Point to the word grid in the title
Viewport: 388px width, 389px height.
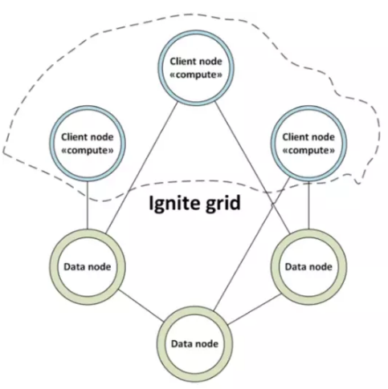(223, 204)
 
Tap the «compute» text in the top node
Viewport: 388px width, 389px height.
(196, 75)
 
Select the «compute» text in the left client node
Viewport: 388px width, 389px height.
(88, 151)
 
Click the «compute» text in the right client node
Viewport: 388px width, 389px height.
(308, 151)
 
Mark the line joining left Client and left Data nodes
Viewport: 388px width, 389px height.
(88, 205)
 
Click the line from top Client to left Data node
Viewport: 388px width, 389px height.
(142, 168)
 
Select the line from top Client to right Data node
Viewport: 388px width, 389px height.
(252, 168)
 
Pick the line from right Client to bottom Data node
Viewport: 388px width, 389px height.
(251, 245)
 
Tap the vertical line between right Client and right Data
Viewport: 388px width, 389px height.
(308, 205)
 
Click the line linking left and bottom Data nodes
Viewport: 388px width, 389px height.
(141, 306)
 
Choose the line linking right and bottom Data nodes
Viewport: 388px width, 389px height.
(254, 310)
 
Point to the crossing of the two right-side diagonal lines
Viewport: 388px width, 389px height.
(273, 205)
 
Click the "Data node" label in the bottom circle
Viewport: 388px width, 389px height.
(194, 344)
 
